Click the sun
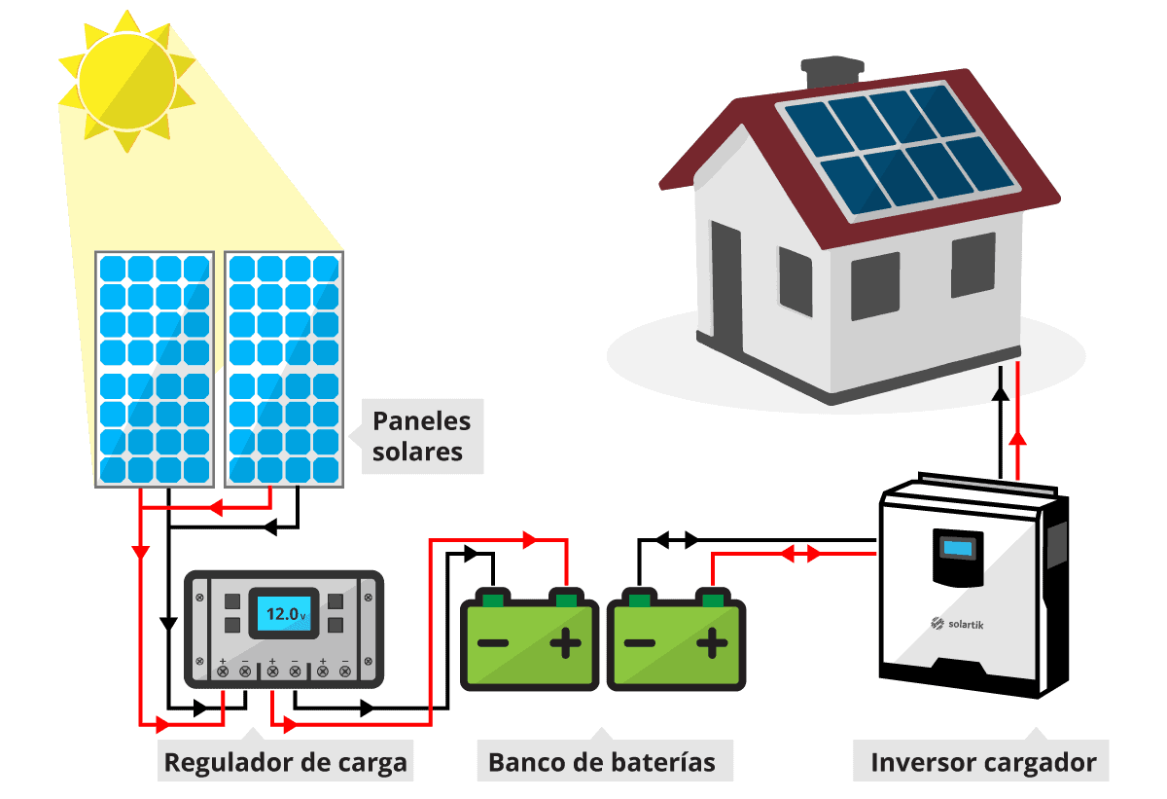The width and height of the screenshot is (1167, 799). click(126, 78)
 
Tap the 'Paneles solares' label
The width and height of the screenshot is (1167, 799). click(422, 437)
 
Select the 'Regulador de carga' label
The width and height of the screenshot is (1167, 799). click(285, 761)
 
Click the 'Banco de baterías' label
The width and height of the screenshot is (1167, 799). click(602, 761)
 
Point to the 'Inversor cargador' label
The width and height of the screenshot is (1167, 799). click(983, 761)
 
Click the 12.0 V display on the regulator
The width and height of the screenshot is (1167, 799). click(283, 614)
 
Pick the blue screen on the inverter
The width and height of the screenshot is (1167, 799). click(958, 548)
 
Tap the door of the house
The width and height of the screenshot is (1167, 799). click(725, 282)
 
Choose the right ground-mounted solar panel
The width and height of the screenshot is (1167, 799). click(284, 370)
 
